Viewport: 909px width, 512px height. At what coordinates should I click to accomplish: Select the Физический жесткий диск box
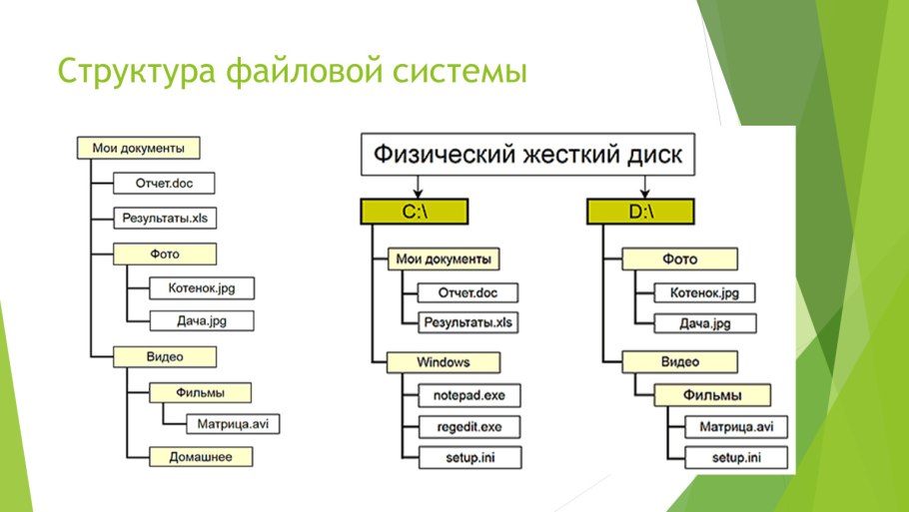(529, 156)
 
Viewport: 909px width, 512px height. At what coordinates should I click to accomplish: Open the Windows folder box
(444, 361)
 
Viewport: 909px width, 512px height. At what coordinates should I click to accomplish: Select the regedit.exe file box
(462, 426)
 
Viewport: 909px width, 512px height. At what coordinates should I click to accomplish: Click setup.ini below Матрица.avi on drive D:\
(736, 458)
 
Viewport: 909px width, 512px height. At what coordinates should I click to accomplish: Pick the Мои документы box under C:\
(444, 259)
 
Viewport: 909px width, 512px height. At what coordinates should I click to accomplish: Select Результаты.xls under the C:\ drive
(468, 322)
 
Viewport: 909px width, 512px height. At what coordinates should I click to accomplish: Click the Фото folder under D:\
(680, 259)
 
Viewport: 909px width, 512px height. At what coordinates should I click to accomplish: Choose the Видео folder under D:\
(680, 361)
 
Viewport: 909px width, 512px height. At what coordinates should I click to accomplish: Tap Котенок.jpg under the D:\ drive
(704, 292)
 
